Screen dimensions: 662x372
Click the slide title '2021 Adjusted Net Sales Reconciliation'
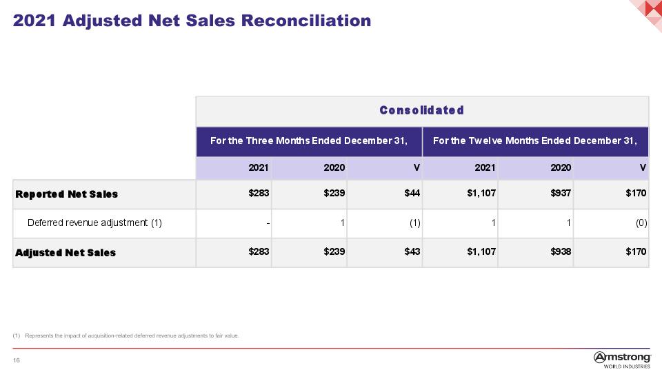[192, 21]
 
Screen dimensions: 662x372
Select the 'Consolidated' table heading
[422, 110]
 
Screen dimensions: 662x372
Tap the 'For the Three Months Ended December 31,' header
[309, 141]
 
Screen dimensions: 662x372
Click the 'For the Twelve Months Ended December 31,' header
[535, 141]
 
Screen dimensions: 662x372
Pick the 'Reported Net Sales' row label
[67, 194]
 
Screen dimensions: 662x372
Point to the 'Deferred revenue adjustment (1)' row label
[94, 223]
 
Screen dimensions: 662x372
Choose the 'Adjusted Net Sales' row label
[66, 253]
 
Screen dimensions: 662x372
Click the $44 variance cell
[412, 193]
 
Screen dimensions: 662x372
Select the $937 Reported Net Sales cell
[561, 193]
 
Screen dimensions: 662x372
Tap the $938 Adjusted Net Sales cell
[561, 252]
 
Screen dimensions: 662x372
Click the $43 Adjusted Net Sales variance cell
[412, 252]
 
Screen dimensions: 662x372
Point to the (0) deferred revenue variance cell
[641, 223]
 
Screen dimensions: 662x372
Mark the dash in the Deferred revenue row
[268, 223]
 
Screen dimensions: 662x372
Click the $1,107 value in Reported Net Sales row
[481, 193]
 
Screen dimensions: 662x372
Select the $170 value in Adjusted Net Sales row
[636, 252]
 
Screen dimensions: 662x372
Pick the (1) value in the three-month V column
[415, 223]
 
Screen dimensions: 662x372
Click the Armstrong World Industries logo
[622, 360]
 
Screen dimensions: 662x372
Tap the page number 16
[17, 360]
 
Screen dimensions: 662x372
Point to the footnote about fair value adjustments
[126, 335]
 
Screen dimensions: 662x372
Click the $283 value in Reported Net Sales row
[259, 193]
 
